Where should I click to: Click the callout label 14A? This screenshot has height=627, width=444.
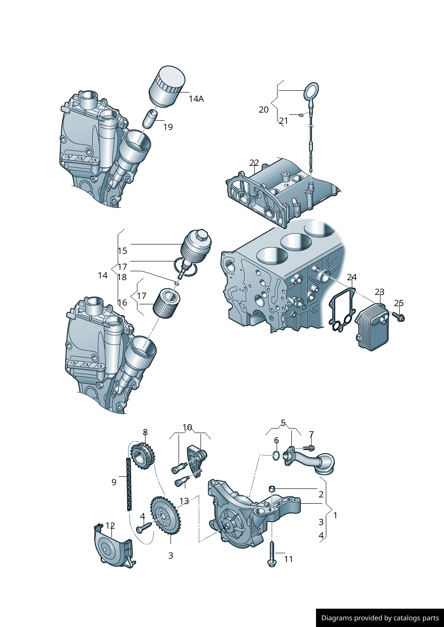(196, 99)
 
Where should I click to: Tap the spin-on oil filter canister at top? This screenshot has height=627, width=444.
(166, 87)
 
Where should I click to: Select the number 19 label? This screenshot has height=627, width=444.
(168, 127)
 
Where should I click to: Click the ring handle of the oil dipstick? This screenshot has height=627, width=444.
(312, 92)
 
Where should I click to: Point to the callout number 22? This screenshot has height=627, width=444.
(254, 163)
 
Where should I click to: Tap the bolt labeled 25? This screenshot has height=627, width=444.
(398, 317)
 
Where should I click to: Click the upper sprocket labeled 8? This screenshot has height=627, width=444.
(142, 456)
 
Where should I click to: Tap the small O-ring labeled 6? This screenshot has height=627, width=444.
(277, 455)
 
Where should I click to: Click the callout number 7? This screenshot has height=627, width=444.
(311, 434)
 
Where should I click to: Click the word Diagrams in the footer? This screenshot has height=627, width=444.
(336, 618)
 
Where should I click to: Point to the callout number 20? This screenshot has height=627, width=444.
(264, 109)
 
